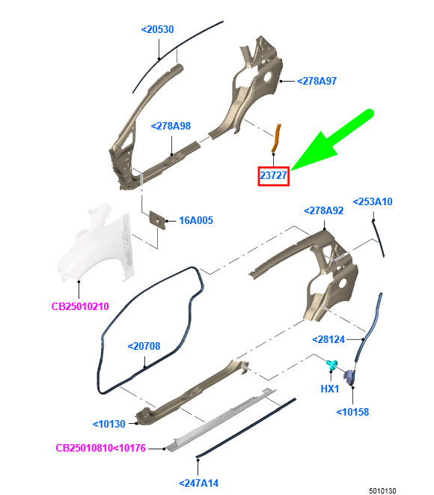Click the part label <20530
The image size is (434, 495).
coord(157,29)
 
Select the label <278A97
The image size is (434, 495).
coord(317,81)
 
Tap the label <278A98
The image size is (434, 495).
coord(171,126)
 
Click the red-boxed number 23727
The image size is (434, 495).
coord(273,175)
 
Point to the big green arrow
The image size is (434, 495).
coord(331,141)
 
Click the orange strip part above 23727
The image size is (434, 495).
coord(276,138)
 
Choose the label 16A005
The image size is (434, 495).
coord(196,220)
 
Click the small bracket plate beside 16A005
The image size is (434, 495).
coord(157,220)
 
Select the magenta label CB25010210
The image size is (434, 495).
coord(80,306)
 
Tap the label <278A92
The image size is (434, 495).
coord(323,210)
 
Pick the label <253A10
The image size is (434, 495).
coord(373,201)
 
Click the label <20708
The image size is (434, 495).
coord(144,346)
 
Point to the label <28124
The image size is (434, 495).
coord(328,340)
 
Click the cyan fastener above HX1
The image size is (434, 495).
coord(331,364)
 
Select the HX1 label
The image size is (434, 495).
coord(330,389)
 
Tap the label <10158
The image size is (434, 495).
coord(352,412)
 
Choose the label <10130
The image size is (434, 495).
coord(109,424)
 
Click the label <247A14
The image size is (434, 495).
coord(198,483)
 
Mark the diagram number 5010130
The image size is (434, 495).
coord(382,491)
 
